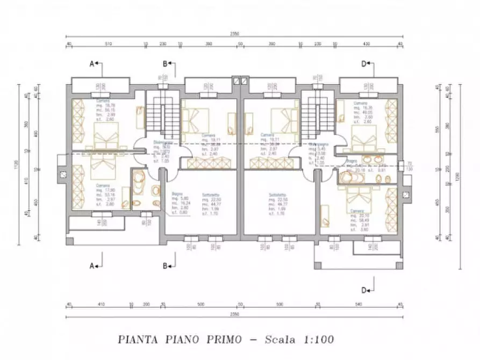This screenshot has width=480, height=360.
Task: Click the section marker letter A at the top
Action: (92, 64)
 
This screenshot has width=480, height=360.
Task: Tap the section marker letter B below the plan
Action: (165, 265)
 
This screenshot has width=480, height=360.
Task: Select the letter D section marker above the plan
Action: (364, 64)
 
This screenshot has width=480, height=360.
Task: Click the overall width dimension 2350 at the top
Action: (235, 33)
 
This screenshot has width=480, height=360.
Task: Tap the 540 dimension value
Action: (360, 305)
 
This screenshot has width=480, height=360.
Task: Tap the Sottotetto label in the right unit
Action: (277, 195)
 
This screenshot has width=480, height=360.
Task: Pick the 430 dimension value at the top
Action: (367, 44)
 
